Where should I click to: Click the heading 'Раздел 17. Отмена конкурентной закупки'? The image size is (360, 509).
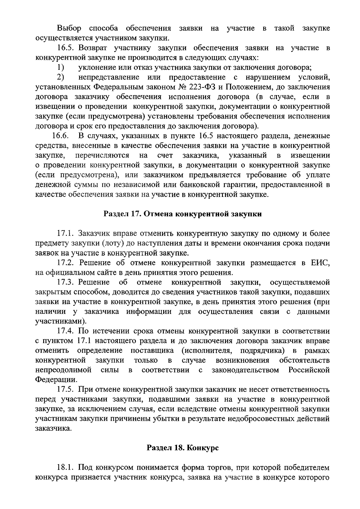182,214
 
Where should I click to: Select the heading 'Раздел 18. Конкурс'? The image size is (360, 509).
182,448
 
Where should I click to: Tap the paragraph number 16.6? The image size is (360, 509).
61,136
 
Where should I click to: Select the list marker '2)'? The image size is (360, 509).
61,77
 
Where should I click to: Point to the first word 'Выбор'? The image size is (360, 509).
69,29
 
